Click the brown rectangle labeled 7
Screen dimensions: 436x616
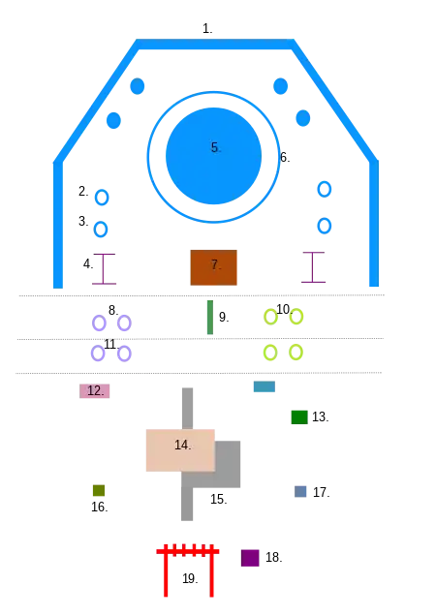click(213, 267)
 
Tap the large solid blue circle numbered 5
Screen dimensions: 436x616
click(213, 156)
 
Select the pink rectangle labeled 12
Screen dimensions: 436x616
click(94, 391)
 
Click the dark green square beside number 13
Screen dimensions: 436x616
click(299, 417)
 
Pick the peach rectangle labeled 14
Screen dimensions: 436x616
click(180, 450)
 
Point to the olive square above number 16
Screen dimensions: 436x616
click(99, 490)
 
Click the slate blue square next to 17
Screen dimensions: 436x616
click(300, 491)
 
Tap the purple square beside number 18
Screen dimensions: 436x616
click(250, 558)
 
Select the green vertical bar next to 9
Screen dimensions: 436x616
click(210, 318)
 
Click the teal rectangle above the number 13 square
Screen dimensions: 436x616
click(265, 386)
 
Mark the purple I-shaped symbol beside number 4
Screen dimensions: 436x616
click(104, 268)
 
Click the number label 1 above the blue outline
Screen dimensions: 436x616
click(207, 29)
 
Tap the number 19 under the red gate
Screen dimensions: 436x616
click(190, 578)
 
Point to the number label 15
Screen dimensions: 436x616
click(219, 499)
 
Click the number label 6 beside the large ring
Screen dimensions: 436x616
click(285, 158)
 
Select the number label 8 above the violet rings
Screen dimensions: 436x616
click(113, 310)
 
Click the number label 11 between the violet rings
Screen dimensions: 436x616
click(111, 344)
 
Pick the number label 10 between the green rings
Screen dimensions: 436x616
click(284, 309)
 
